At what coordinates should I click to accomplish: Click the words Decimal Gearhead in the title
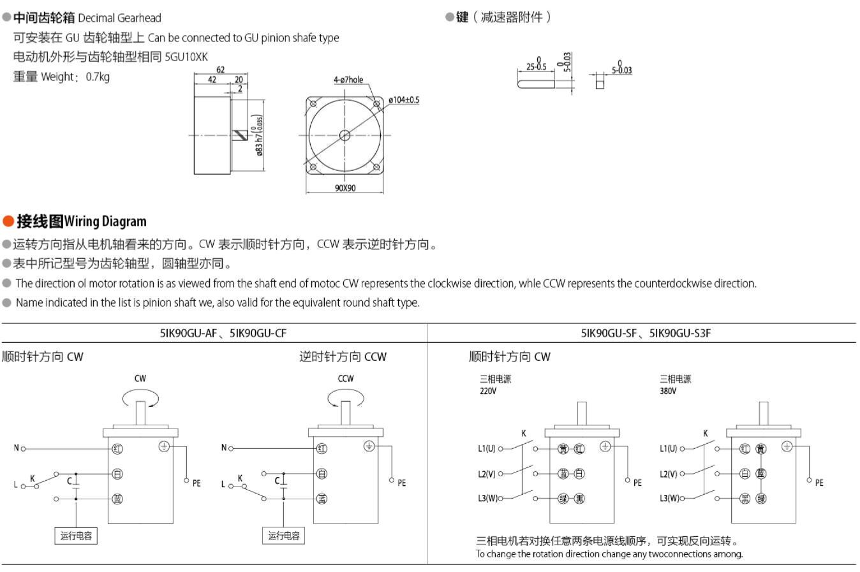click(119, 18)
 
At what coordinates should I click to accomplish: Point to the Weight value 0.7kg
click(98, 77)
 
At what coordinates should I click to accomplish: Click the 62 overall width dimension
click(220, 70)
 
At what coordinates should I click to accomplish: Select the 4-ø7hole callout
click(348, 80)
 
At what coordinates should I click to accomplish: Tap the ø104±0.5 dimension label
click(404, 99)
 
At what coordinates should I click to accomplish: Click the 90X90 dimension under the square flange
click(345, 188)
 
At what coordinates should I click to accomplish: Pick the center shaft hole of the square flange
click(345, 135)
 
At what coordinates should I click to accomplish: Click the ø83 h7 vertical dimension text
click(260, 135)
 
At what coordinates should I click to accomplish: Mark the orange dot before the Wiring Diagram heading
click(8, 221)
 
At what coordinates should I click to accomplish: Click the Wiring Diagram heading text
click(105, 221)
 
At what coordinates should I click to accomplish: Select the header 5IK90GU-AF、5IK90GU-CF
click(223, 333)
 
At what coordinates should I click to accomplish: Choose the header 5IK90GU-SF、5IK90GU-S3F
click(646, 333)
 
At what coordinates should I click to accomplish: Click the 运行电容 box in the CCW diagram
click(284, 536)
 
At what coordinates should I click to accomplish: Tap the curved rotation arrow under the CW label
click(140, 397)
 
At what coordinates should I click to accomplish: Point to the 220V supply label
click(488, 391)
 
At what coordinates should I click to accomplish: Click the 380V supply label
click(668, 391)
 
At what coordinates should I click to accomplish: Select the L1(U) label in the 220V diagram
click(486, 448)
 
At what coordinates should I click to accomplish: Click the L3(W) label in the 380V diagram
click(669, 498)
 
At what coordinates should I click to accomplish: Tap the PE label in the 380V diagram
click(819, 483)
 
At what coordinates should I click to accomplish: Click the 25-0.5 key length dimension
click(536, 66)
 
